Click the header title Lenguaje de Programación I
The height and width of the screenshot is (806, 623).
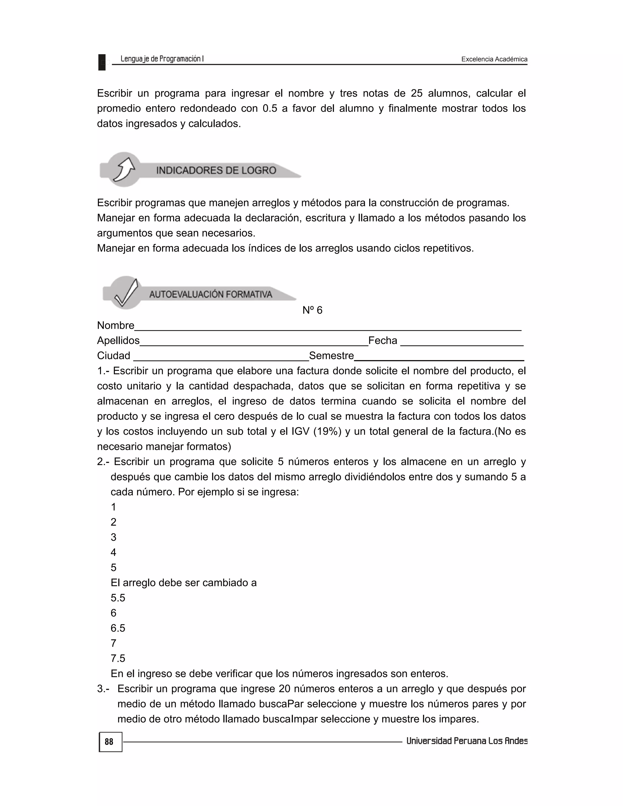click(x=162, y=59)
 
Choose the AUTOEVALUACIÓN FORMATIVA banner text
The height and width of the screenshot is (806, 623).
click(x=211, y=294)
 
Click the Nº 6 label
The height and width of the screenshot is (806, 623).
click(x=312, y=310)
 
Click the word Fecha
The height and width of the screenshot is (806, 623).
click(x=383, y=340)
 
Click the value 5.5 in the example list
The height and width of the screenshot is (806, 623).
click(x=118, y=598)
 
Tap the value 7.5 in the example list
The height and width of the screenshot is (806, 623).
click(x=118, y=658)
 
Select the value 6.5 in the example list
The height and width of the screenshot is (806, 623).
click(x=118, y=628)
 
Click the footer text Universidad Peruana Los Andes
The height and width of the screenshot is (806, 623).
click(x=467, y=741)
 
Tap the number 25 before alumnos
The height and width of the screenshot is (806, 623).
click(x=417, y=93)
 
